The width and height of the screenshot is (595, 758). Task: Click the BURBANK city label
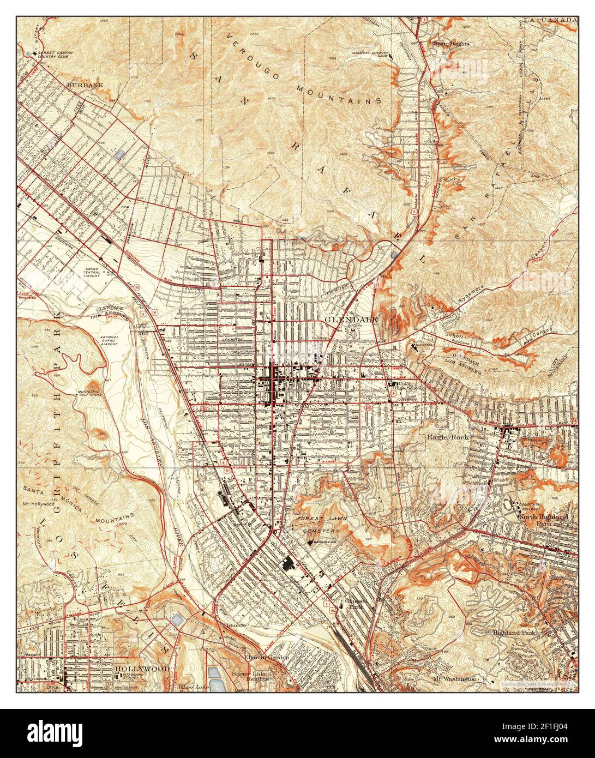coord(85,86)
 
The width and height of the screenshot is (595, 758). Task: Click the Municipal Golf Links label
coord(91,394)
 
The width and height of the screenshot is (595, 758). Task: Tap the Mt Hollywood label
coord(38,503)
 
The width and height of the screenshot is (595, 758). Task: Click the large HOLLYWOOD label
coord(142,668)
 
